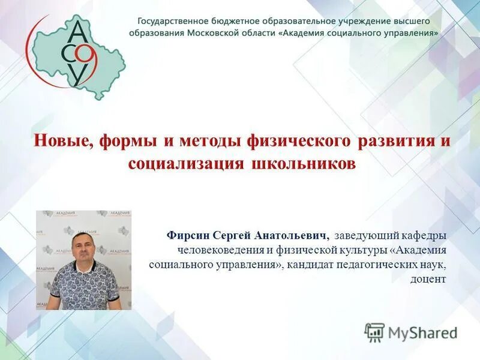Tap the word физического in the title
tap(298, 142)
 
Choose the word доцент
tap(428, 279)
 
